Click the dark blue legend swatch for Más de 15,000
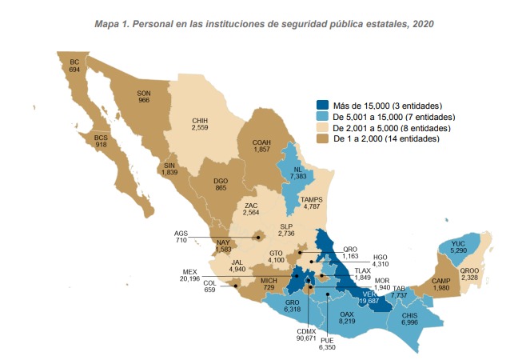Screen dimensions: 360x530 coord(321,106)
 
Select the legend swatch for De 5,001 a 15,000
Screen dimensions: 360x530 coord(321,117)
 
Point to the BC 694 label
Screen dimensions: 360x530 coord(75,66)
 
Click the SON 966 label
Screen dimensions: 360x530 coord(144,96)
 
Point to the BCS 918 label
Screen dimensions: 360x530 coord(101,141)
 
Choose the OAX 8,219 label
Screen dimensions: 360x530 coord(347,317)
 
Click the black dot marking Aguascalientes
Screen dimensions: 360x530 coord(257,238)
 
